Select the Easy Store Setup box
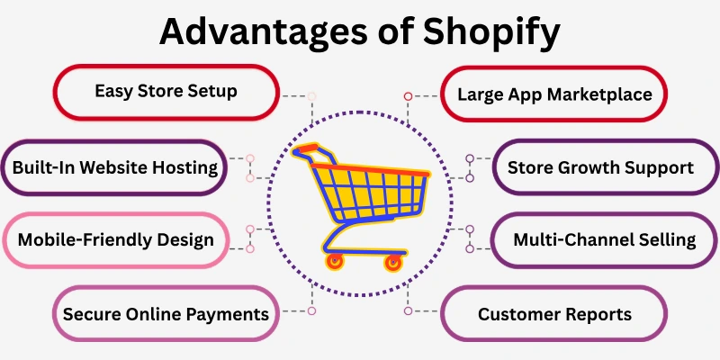[166, 92]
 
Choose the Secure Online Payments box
[166, 314]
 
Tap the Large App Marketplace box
[553, 93]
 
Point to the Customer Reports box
[554, 314]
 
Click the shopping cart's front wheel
[392, 263]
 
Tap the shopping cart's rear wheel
[335, 263]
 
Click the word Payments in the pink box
[230, 314]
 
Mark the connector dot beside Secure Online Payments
[311, 310]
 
